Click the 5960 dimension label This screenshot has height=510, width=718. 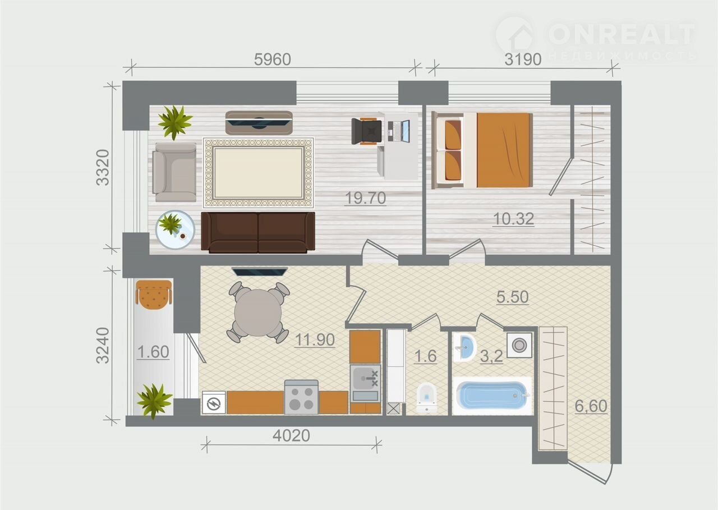pyautogui.click(x=273, y=59)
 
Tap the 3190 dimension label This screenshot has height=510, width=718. pyautogui.click(x=523, y=59)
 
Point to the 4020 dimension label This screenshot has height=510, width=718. pyautogui.click(x=291, y=435)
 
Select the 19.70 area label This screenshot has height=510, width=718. pyautogui.click(x=365, y=199)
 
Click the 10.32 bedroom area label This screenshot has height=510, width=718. pyautogui.click(x=513, y=219)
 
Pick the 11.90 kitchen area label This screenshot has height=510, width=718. pyautogui.click(x=315, y=340)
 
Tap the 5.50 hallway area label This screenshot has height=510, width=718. pyautogui.click(x=513, y=297)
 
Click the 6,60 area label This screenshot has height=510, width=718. pyautogui.click(x=591, y=406)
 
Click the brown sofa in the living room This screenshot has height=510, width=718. pyautogui.click(x=258, y=232)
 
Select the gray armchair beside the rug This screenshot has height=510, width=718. pyautogui.click(x=174, y=172)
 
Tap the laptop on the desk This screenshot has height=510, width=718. pyautogui.click(x=399, y=131)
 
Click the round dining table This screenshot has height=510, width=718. pyautogui.click(x=258, y=313)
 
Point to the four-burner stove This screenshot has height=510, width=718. pyautogui.click(x=301, y=397)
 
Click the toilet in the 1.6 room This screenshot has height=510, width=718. pyautogui.click(x=427, y=397)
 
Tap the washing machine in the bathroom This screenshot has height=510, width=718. pyautogui.click(x=519, y=345)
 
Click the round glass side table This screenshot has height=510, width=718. pyautogui.click(x=175, y=229)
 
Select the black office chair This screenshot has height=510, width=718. pyautogui.click(x=367, y=131)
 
